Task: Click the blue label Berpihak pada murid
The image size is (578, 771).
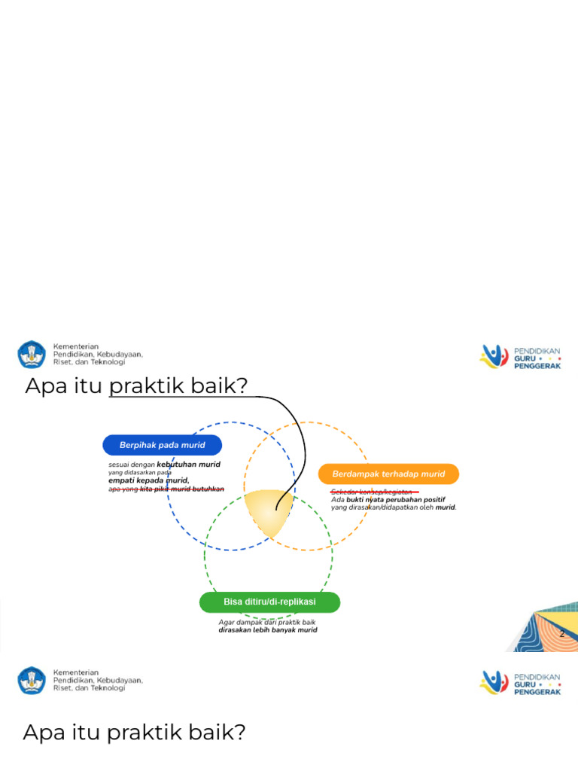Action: pos(162,445)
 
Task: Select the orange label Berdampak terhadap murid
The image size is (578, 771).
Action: pos(388,474)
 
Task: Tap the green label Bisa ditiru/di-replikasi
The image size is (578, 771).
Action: pos(269,602)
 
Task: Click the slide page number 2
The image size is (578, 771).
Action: pos(561,634)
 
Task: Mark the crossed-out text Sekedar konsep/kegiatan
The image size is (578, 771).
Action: pos(371,492)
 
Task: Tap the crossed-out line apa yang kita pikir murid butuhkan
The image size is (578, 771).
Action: pos(166,489)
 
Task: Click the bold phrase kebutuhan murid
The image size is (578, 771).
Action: pos(188,465)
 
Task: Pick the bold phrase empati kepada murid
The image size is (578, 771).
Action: pos(148,480)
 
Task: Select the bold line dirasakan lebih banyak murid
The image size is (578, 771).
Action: pos(267,630)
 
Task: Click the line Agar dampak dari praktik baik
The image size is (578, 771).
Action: pos(267,623)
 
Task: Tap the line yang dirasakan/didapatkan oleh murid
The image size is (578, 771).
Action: pos(393,507)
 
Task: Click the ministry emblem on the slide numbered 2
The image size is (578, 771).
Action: pos(32,355)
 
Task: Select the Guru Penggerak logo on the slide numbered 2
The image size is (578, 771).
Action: pos(520,356)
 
